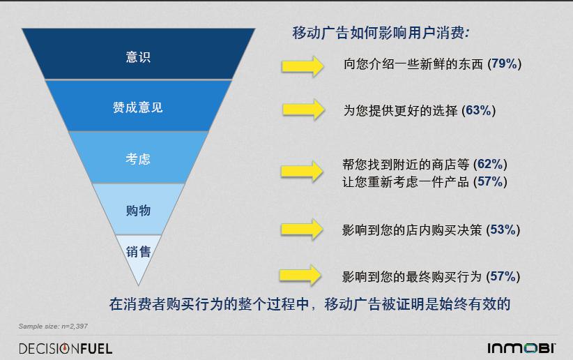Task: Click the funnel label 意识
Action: point(138,57)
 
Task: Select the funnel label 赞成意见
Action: point(138,107)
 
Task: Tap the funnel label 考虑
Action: point(138,159)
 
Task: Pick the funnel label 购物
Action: point(138,211)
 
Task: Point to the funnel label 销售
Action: point(138,252)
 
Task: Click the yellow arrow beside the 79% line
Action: point(303,66)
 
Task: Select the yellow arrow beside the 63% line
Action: point(303,110)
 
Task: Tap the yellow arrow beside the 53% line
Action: point(303,230)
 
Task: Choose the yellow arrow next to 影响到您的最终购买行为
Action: point(300,275)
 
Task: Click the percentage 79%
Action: point(504,63)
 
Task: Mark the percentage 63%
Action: point(478,110)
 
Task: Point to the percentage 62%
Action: point(490,164)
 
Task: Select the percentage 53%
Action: point(503,230)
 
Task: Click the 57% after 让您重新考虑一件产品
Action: point(490,181)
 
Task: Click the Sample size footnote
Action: point(53,326)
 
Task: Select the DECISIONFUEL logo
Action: point(66,348)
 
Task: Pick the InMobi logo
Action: point(521,348)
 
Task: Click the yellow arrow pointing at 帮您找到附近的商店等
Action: point(302,171)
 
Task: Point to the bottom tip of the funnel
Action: point(138,285)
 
